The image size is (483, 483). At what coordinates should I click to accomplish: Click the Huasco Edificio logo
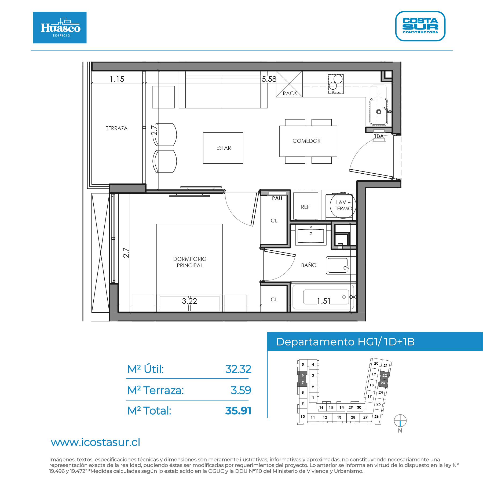(60, 27)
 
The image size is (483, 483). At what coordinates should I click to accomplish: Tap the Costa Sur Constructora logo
(420, 26)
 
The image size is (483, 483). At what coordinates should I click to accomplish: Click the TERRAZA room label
(117, 128)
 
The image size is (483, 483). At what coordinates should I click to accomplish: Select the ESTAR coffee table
(223, 148)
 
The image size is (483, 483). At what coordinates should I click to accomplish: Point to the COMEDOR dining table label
(306, 141)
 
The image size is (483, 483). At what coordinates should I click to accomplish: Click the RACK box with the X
(290, 84)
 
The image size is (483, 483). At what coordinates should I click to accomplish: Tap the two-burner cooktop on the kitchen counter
(336, 84)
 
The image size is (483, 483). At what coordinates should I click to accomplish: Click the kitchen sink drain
(379, 112)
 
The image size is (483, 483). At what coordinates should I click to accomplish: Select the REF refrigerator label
(305, 207)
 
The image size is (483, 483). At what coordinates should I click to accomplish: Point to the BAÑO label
(309, 265)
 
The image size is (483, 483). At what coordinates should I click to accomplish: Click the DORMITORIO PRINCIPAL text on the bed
(190, 262)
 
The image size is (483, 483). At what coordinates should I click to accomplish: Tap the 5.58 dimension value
(269, 79)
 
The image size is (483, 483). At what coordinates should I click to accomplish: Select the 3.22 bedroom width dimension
(189, 301)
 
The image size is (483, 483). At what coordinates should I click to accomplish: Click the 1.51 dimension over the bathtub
(324, 301)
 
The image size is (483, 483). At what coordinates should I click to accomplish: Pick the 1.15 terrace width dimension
(117, 79)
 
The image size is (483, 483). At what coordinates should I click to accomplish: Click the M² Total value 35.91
(238, 411)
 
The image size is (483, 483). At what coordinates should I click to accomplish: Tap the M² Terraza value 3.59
(241, 390)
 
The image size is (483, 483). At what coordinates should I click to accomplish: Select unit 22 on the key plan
(385, 375)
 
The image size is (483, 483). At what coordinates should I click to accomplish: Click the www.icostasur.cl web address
(96, 442)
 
